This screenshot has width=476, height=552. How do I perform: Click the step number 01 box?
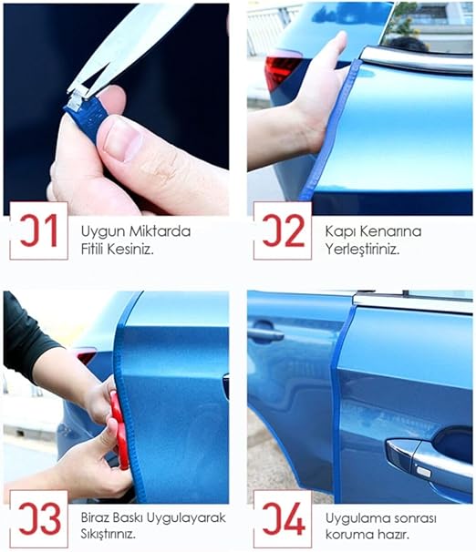click(x=39, y=231)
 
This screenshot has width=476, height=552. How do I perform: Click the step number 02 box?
click(x=283, y=231)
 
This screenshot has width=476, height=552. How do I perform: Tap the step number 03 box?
click(x=39, y=519)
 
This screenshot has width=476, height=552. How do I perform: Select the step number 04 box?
click(x=283, y=519)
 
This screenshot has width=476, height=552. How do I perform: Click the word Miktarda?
click(x=160, y=231)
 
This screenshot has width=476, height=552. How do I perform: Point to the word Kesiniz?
click(x=130, y=250)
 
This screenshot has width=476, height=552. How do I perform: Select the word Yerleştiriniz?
click(x=362, y=250)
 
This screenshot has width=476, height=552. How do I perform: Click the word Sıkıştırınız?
click(x=108, y=534)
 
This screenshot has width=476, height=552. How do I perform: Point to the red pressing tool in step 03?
click(x=119, y=430)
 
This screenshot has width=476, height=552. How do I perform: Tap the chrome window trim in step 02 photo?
click(x=416, y=60)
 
